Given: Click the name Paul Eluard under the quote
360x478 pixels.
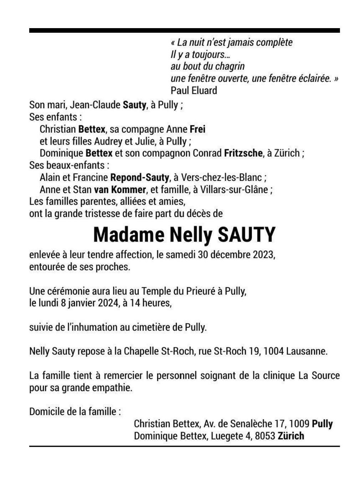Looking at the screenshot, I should coord(194,90).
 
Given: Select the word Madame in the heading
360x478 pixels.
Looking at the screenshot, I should coord(129,235).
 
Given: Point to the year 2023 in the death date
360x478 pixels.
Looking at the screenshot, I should coord(263,255).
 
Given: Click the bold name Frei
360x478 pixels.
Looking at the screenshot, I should coord(197,129).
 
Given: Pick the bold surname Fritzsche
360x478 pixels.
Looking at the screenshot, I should coord(243,153).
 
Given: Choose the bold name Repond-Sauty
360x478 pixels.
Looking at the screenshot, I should coord(140,177).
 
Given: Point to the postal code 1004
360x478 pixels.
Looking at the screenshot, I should coord(274,351).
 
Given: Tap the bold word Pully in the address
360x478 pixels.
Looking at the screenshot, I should coord(322,424).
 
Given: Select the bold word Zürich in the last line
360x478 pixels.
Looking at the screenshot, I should coord(291,436).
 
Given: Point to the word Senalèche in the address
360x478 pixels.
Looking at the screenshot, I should coord(249,424).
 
